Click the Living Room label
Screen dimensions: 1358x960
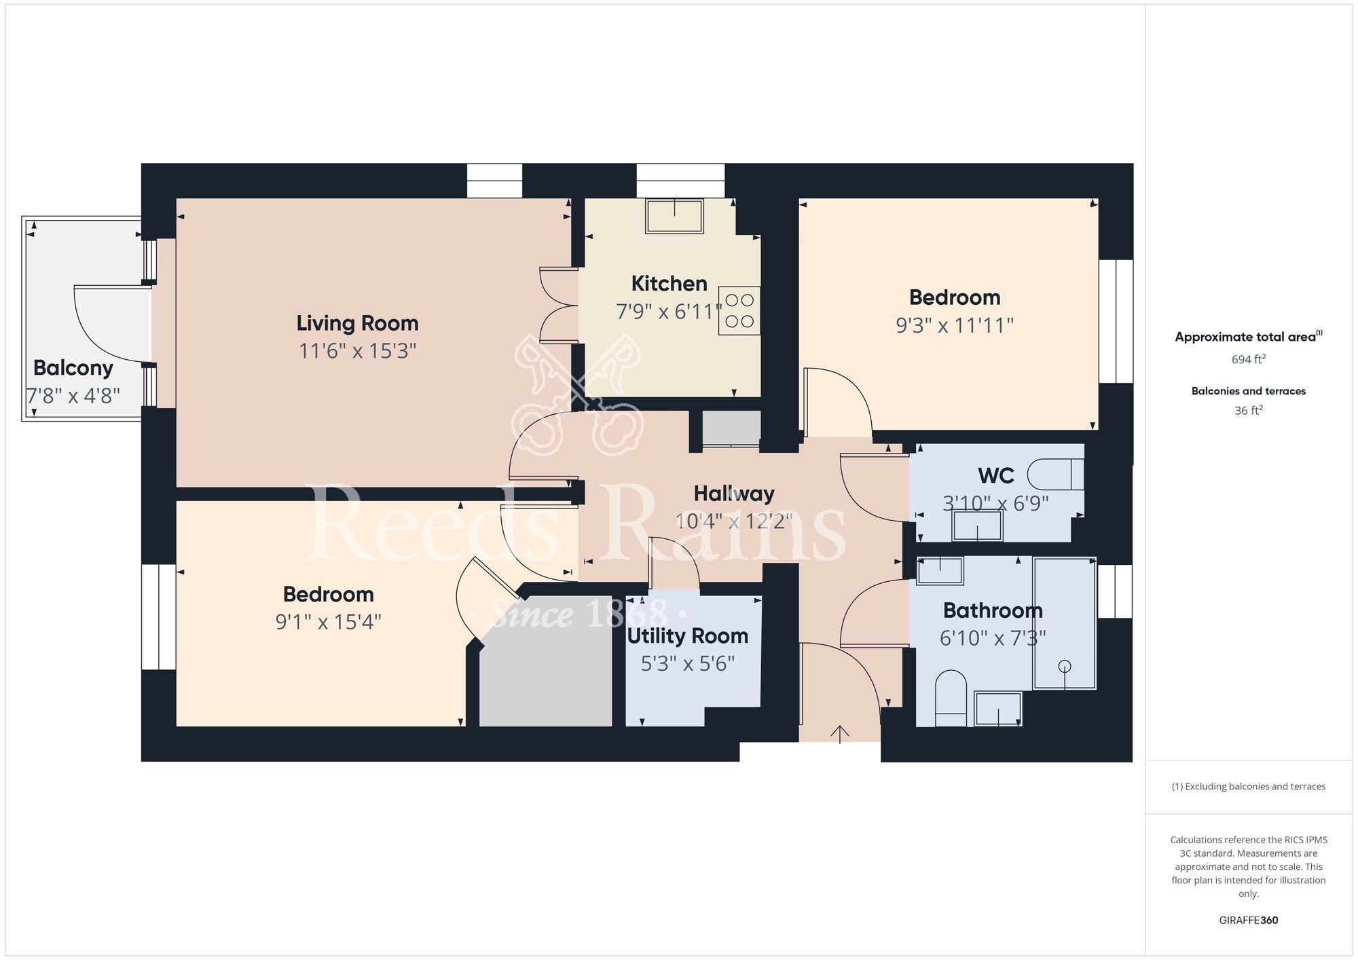point(357,323)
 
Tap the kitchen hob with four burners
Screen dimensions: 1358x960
point(739,311)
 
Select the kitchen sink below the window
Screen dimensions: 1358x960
point(674,216)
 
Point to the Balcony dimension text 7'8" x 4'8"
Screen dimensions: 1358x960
point(73,396)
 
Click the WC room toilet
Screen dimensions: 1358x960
point(1055,475)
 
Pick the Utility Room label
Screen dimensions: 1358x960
point(688,636)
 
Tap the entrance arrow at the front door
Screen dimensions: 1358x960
point(840,734)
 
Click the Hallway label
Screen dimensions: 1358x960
point(734,494)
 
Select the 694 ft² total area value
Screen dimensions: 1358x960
point(1249,359)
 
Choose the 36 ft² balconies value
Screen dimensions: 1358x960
point(1249,410)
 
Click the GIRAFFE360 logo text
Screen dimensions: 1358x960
point(1249,921)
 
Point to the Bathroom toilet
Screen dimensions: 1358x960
point(951,699)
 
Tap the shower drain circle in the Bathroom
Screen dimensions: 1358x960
point(1064,666)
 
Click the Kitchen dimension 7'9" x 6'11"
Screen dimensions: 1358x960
point(669,312)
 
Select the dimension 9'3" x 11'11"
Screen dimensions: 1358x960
point(955,325)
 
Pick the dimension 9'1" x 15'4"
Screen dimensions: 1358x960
point(328,622)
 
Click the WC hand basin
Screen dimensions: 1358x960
point(977,525)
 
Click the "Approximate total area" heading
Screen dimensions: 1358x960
point(1245,337)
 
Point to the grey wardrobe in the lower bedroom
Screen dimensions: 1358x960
point(546,661)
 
